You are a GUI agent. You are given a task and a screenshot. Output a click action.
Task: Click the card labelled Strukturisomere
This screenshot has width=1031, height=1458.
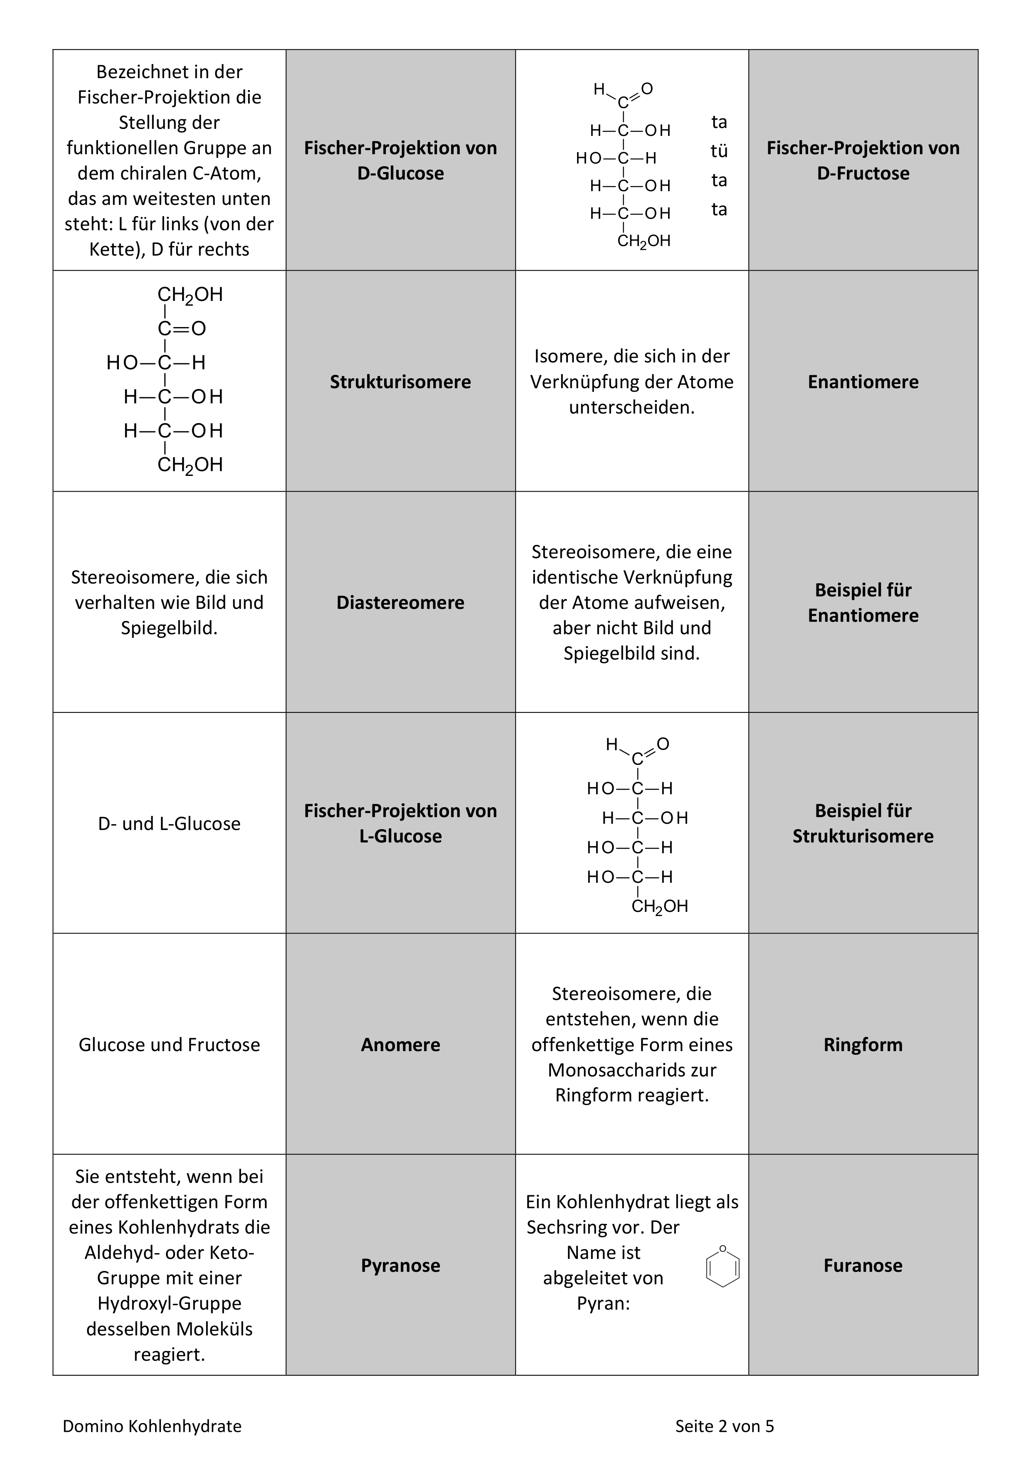(400, 382)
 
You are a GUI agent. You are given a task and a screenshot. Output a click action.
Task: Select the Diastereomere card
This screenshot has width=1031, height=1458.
(400, 603)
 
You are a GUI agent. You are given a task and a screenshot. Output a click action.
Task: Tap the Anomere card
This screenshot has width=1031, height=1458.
(400, 1044)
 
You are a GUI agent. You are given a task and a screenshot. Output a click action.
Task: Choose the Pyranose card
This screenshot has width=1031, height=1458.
(400, 1266)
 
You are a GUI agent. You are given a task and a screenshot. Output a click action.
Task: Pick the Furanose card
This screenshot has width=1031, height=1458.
(863, 1266)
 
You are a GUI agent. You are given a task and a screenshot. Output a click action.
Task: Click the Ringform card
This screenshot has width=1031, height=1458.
(863, 1044)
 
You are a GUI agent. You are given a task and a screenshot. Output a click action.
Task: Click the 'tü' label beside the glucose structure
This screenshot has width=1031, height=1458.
(719, 151)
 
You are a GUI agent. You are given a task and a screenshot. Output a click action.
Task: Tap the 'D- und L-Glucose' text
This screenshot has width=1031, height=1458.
(169, 824)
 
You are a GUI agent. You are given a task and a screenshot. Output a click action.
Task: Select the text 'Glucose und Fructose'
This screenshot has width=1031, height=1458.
(169, 1044)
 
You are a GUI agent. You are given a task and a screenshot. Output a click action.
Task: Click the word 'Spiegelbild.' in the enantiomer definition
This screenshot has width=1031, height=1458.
(169, 628)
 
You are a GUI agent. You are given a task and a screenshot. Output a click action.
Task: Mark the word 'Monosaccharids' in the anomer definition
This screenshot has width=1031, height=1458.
(631, 1070)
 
